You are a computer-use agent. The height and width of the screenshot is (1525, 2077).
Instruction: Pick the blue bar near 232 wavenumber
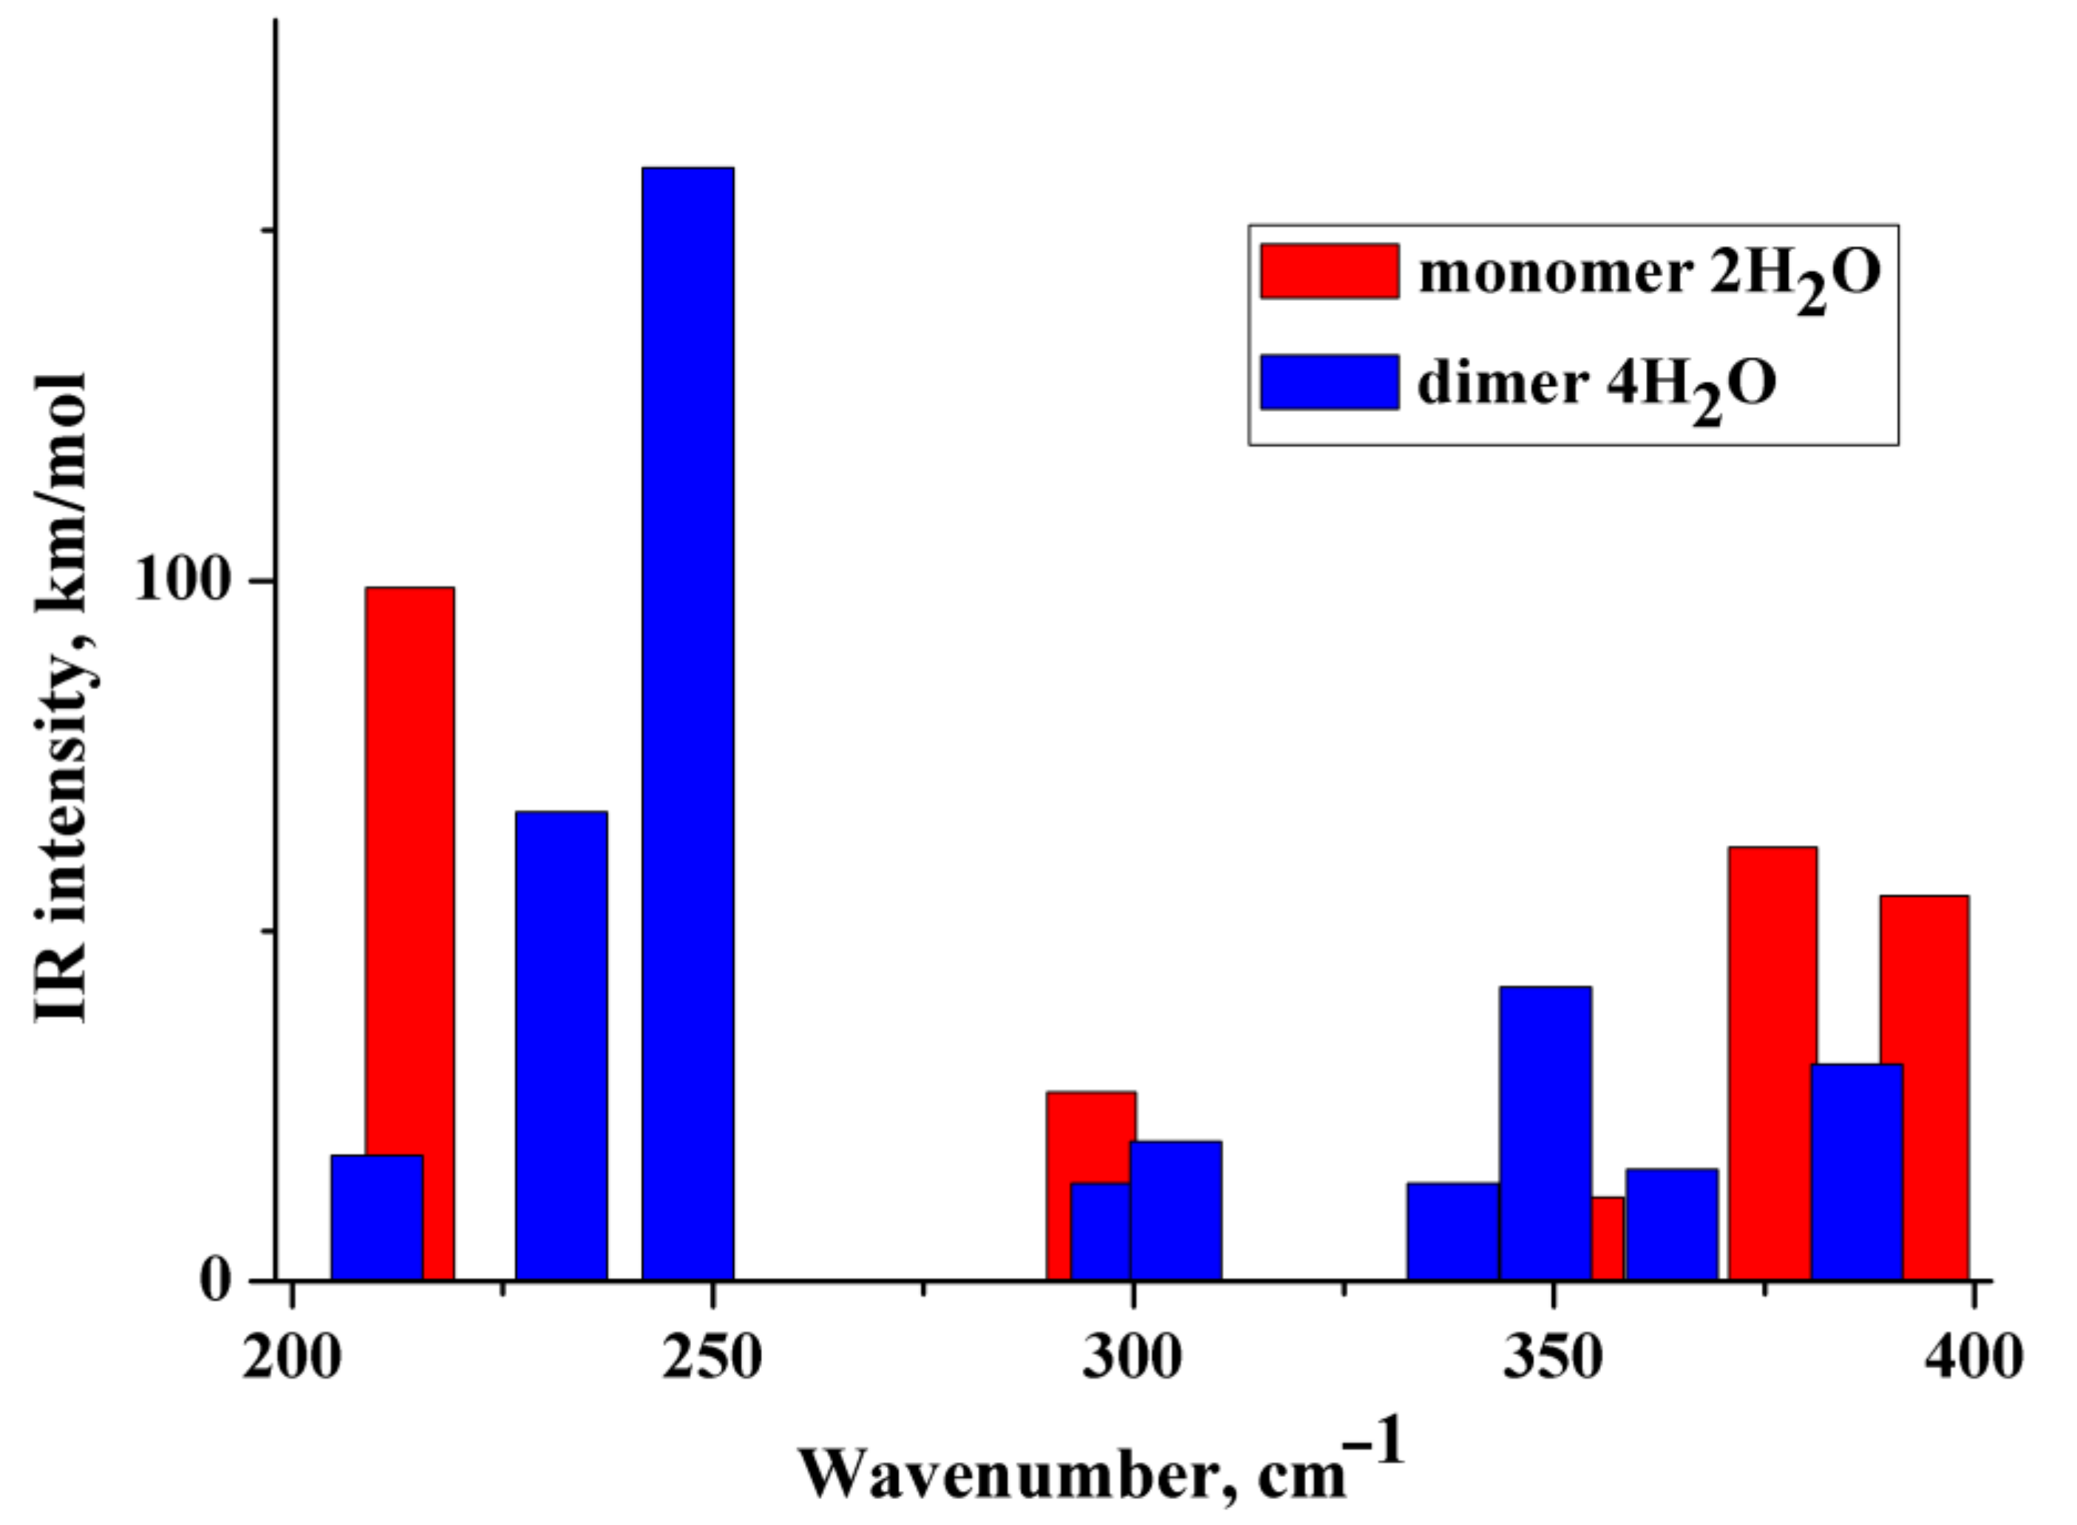tap(561, 1045)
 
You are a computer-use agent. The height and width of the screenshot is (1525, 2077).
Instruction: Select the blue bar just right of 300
tap(1176, 1211)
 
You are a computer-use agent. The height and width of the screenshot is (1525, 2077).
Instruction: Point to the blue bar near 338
tap(1452, 1232)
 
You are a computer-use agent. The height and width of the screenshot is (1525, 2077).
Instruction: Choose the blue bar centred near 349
tap(1546, 1134)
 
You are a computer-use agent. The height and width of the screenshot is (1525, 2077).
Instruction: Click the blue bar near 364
tap(1672, 1225)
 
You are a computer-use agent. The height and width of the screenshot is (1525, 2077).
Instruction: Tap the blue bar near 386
tap(1857, 1172)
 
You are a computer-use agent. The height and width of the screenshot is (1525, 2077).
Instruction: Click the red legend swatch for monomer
tap(1329, 271)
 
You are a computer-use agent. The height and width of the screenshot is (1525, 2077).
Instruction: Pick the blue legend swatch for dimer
tap(1329, 381)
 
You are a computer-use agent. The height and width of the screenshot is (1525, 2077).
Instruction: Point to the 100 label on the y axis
tap(181, 582)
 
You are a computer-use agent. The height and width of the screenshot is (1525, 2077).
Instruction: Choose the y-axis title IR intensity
tap(63, 697)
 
